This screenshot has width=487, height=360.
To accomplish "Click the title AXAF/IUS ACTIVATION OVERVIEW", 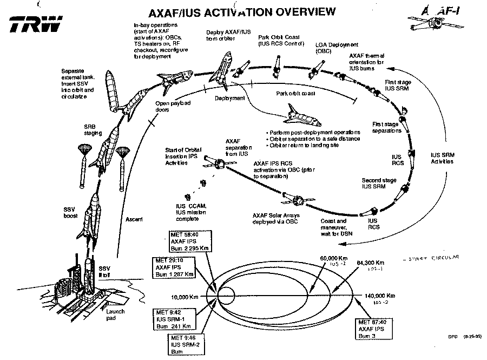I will click(x=234, y=12).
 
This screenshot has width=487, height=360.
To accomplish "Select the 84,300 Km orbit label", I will click(x=370, y=262).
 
